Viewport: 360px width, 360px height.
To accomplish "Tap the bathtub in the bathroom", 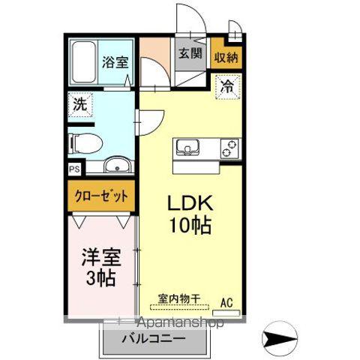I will [x=85, y=63].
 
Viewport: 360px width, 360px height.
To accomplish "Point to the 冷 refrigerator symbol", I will [x=227, y=85].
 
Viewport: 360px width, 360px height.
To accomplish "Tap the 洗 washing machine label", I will [x=79, y=105].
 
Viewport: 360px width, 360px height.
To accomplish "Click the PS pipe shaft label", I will [x=74, y=169].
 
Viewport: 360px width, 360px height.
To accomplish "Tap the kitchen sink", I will [x=187, y=147].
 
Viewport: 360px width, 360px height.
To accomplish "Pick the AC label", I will [x=226, y=303].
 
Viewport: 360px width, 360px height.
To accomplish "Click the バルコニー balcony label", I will [x=154, y=338].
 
